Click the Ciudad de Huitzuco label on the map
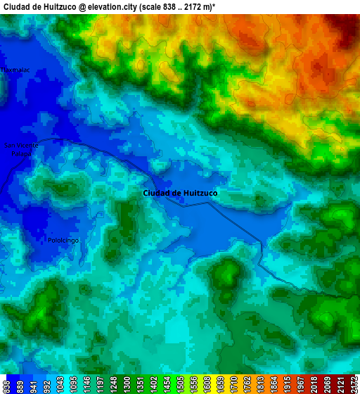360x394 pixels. [180, 192]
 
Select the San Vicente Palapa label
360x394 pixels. [22, 148]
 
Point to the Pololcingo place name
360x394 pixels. [64, 240]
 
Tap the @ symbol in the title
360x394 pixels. [83, 6]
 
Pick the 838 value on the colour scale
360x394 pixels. [6, 385]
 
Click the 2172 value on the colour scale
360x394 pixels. [353, 385]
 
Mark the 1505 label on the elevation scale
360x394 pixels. [220, 385]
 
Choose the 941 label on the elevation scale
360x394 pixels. [33, 385]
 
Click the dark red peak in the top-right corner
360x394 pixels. [349, 25]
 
